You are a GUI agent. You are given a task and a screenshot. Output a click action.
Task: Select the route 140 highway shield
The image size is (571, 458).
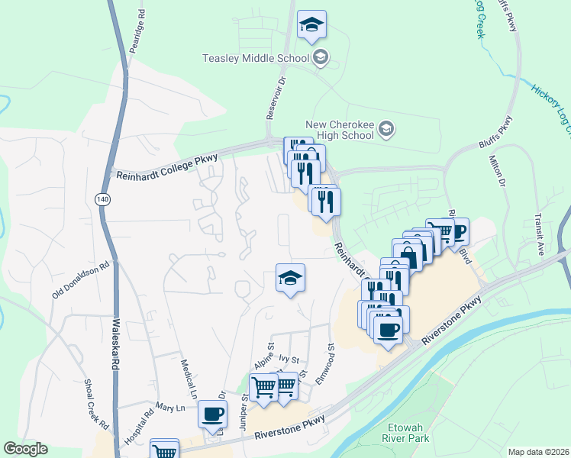pyautogui.click(x=102, y=199)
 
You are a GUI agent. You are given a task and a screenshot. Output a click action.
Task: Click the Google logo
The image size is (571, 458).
pyautogui.click(x=25, y=449)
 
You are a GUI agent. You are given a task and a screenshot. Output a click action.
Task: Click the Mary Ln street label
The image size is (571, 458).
pyautogui.click(x=170, y=408)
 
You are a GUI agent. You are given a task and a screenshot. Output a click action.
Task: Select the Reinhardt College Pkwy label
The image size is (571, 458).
pyautogui.click(x=167, y=166)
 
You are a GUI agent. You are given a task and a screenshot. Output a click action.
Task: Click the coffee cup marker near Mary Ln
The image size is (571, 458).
pyautogui.click(x=212, y=414)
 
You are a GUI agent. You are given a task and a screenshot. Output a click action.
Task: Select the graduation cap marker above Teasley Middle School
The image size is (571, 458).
pyautogui.click(x=311, y=25)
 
